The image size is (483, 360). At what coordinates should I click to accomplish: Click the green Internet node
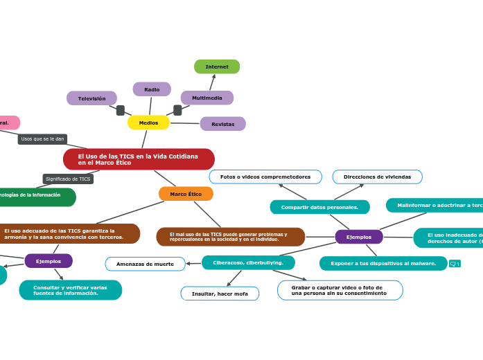click(x=217, y=66)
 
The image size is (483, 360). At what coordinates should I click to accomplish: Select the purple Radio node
click(x=152, y=89)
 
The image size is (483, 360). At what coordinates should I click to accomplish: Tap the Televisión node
click(x=91, y=98)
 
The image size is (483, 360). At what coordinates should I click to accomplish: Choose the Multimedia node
click(x=207, y=98)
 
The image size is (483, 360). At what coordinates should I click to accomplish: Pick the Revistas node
click(x=222, y=124)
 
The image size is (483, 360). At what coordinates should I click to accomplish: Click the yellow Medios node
click(x=148, y=123)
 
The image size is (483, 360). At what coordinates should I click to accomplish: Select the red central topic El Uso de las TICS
click(x=139, y=159)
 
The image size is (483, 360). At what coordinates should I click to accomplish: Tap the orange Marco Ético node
click(x=186, y=194)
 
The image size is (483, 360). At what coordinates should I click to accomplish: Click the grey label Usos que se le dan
click(x=42, y=139)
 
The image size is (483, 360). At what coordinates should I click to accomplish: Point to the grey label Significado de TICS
click(x=68, y=179)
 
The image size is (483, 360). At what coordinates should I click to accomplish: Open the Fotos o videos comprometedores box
click(x=265, y=177)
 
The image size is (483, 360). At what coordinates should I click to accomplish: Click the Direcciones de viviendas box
click(x=377, y=177)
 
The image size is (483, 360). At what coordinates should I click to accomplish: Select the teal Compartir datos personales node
click(x=319, y=207)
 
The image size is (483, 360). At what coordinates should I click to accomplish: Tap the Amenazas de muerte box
click(x=145, y=264)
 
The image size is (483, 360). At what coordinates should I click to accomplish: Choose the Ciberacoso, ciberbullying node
click(x=248, y=263)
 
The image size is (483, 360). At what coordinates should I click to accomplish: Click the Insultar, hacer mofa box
click(x=220, y=294)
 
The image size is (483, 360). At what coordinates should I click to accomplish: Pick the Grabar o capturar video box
click(x=340, y=290)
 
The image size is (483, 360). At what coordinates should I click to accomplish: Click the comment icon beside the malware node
click(x=455, y=264)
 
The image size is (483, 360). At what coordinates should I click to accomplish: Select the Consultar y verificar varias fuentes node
click(x=70, y=289)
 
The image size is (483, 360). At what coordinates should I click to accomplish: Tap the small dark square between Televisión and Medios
click(x=121, y=110)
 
